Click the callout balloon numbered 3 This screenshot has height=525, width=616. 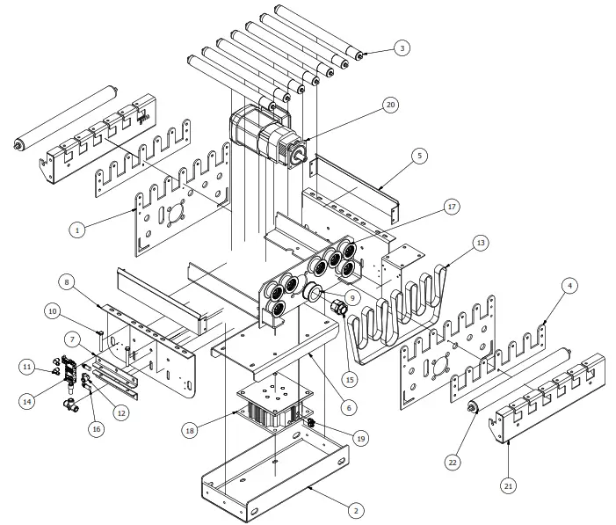pos(402,48)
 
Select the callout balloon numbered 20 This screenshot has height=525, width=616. pos(389,105)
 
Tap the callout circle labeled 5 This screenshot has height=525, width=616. pos(420,156)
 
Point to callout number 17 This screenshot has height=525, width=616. pos(452,208)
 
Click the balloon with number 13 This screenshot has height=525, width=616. pos(479,241)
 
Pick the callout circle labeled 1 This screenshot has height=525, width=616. pos(77,230)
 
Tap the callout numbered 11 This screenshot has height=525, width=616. pos(28,365)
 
